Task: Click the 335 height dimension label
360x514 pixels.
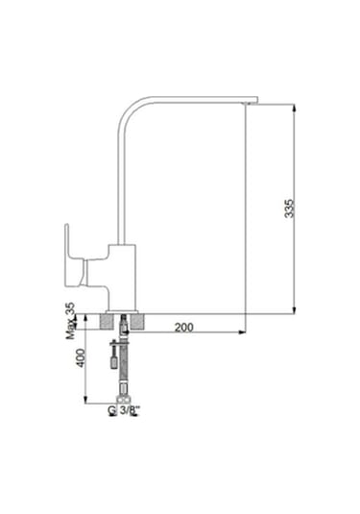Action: tap(289, 208)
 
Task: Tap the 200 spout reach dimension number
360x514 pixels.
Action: tap(183, 328)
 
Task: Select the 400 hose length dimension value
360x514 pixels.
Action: tap(81, 358)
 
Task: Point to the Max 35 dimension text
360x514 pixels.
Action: tap(70, 321)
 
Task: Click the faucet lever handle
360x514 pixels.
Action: tap(74, 256)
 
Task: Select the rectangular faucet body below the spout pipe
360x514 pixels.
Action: tap(122, 278)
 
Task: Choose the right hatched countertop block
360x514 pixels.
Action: tap(137, 322)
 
